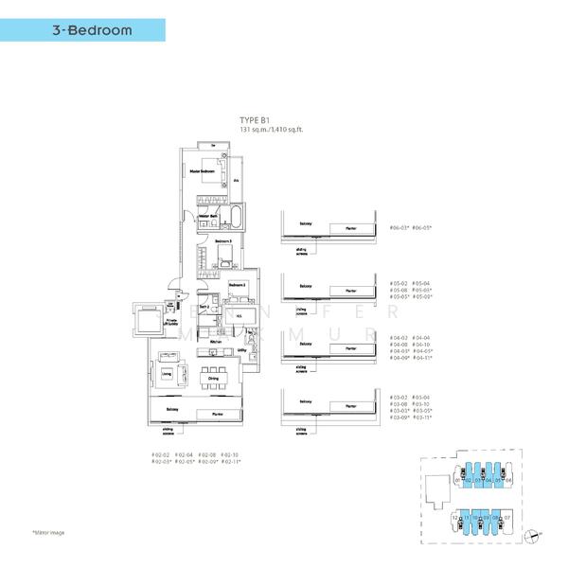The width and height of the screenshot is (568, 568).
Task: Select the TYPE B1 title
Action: coord(257,119)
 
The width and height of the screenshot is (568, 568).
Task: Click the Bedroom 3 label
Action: coord(223,243)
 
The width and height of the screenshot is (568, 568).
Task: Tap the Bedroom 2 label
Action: coord(237,284)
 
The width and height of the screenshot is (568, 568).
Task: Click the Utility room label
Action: coord(243,349)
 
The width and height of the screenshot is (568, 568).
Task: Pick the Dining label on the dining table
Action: coord(214,378)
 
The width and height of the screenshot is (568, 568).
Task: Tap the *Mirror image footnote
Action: coord(46,533)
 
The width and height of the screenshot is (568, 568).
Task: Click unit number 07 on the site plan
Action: coord(507,518)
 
